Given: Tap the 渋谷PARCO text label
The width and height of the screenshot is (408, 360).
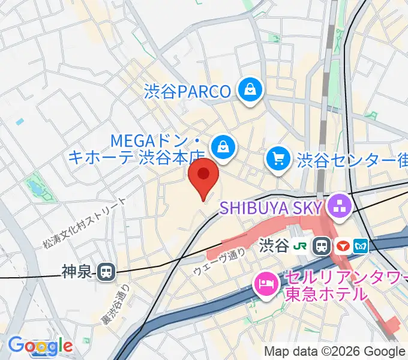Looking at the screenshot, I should click(187, 91).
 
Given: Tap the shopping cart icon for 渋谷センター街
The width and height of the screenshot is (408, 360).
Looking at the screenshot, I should click(278, 160).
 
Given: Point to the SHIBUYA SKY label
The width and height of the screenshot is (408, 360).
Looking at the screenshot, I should click(272, 208).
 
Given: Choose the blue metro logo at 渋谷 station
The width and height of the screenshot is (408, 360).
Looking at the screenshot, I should click(361, 245).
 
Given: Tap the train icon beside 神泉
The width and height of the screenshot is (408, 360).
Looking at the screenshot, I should click(106, 272).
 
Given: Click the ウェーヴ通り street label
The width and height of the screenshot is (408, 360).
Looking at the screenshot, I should click(219, 262).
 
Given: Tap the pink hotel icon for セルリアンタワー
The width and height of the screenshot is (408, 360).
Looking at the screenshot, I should click(265, 283).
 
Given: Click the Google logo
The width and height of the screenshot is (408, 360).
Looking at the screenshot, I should click(40, 346).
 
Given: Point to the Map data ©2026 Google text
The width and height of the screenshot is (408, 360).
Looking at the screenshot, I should click(334, 352).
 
